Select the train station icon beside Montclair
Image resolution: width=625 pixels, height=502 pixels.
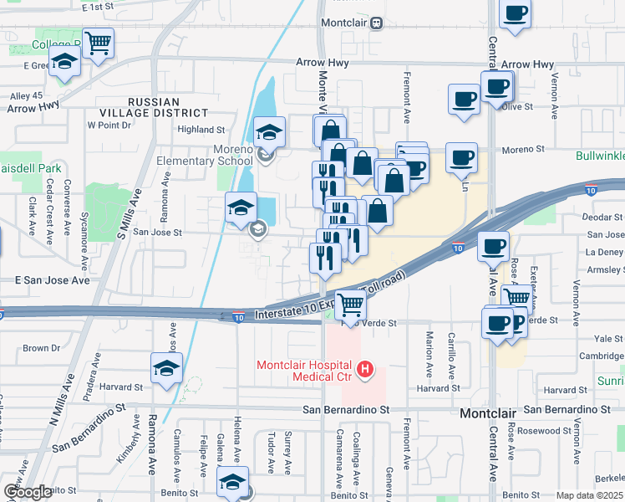377,23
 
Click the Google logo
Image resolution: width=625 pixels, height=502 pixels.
28,493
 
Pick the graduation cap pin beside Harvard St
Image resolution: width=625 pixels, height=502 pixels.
166,367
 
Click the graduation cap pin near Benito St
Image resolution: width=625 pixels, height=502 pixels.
232,482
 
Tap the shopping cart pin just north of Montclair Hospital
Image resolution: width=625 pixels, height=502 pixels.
350,305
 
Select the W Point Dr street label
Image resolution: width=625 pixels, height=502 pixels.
109,125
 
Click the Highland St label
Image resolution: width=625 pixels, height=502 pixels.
203,130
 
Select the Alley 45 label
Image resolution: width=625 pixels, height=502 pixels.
25,95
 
